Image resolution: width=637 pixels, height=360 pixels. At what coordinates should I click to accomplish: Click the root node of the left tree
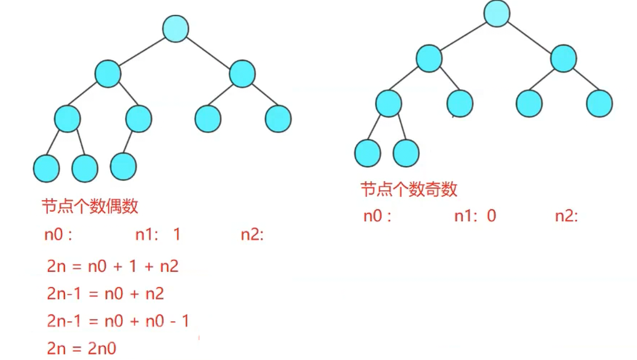pyautogui.click(x=175, y=29)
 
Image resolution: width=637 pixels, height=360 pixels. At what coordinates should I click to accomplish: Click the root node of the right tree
pyautogui.click(x=497, y=14)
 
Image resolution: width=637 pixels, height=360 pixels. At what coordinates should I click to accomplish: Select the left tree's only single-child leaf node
pyautogui.click(x=123, y=166)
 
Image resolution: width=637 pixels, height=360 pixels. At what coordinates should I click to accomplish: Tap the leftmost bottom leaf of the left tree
pyautogui.click(x=46, y=168)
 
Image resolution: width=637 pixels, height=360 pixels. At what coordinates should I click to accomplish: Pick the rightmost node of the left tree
pyautogui.click(x=278, y=119)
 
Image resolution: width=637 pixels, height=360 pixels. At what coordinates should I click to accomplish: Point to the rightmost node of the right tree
pyautogui.click(x=599, y=103)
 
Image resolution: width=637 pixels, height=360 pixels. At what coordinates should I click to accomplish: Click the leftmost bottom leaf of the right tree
pyautogui.click(x=367, y=153)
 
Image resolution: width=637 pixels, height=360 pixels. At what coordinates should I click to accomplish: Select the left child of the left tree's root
pyautogui.click(x=108, y=74)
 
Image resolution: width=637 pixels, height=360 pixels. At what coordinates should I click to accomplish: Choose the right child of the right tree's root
pyautogui.click(x=564, y=58)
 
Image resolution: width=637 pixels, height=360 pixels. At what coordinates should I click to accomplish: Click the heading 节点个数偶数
pyautogui.click(x=90, y=206)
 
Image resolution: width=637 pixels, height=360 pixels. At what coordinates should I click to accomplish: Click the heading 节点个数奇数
pyautogui.click(x=409, y=189)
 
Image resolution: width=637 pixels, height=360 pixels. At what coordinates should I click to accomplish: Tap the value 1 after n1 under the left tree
pyautogui.click(x=177, y=234)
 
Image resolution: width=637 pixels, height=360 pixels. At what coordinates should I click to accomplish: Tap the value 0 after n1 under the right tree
pyautogui.click(x=491, y=216)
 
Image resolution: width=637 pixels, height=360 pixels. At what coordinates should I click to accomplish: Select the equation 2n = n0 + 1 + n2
pyautogui.click(x=113, y=266)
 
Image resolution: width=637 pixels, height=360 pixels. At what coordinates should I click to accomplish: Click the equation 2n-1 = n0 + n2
pyautogui.click(x=105, y=294)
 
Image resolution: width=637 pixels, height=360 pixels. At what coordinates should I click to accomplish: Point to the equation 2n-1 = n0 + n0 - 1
pyautogui.click(x=118, y=321)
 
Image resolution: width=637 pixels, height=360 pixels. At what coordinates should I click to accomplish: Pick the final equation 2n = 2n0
pyautogui.click(x=81, y=348)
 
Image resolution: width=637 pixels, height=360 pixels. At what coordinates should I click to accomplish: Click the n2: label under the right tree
pyautogui.click(x=566, y=216)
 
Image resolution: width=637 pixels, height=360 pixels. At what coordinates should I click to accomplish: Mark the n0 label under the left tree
pyautogui.click(x=58, y=234)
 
